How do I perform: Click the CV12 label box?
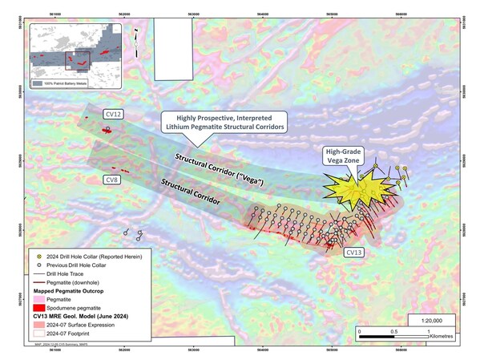[x=113, y=115]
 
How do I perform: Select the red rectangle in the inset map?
[x=75, y=59]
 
